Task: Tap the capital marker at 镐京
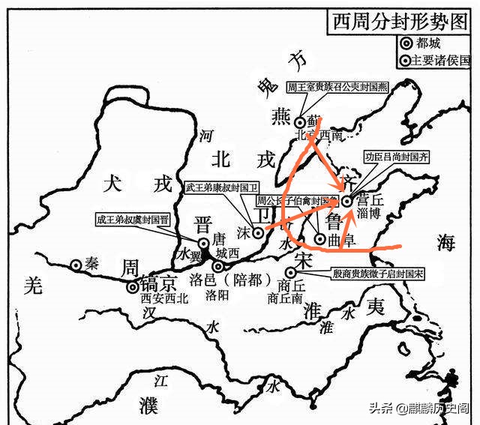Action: click(x=133, y=286)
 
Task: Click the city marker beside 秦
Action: click(x=76, y=265)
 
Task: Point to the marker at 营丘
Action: click(x=346, y=201)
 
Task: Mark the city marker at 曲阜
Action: click(x=320, y=239)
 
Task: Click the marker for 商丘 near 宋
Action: click(x=290, y=274)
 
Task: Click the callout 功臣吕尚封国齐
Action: click(x=397, y=158)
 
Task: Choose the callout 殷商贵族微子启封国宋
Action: click(x=378, y=274)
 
